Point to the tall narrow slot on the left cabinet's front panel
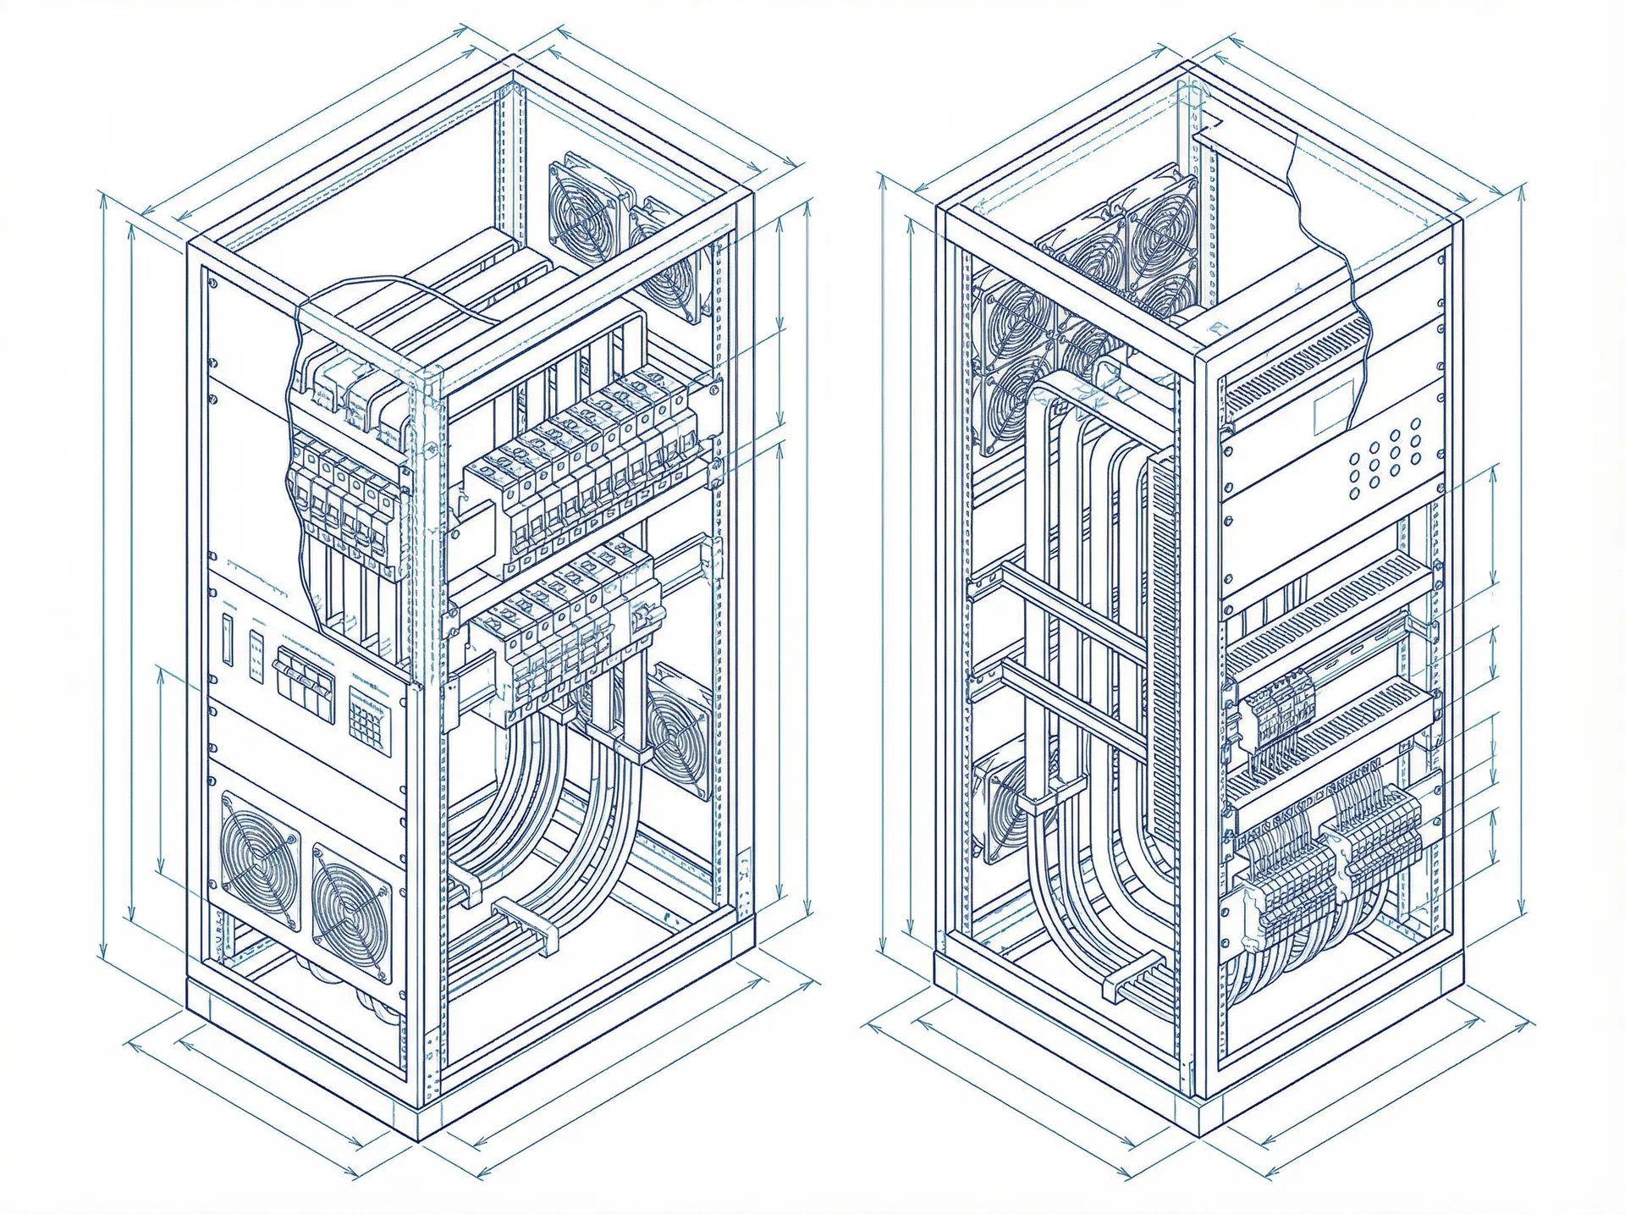pos(226,639)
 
